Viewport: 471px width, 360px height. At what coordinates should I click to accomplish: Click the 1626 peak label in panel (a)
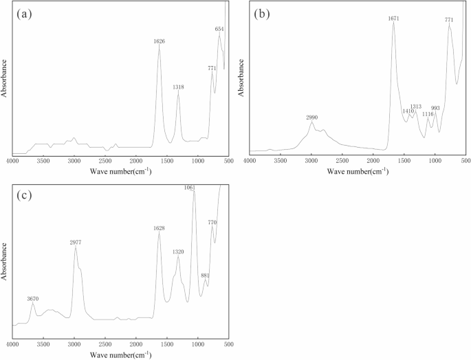coord(159,41)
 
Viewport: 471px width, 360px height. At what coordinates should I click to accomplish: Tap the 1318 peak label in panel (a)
coord(178,87)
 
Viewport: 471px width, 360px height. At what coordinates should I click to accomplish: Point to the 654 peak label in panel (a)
coord(219,29)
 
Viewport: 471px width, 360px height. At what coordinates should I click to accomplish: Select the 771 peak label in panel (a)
coord(212,68)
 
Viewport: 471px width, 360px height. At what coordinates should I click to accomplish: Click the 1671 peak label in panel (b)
coord(393,19)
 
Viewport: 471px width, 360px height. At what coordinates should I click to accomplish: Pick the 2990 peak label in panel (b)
coord(311,117)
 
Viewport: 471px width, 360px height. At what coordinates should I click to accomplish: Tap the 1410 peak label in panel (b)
coord(408,111)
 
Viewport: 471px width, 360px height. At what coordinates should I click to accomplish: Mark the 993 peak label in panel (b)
coord(435,108)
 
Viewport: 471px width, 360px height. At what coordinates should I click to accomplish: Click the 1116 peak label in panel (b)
coord(428,114)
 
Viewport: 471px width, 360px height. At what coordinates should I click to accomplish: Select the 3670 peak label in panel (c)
coord(33,299)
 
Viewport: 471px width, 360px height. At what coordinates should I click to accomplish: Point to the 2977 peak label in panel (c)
coord(75,243)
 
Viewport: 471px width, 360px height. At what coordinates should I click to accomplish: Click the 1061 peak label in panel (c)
coord(190,188)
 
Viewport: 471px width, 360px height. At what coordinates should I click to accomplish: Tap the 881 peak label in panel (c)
coord(205,275)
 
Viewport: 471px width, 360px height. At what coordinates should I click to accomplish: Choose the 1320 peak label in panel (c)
coord(178,252)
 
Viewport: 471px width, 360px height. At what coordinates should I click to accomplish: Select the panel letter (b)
coord(262,13)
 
